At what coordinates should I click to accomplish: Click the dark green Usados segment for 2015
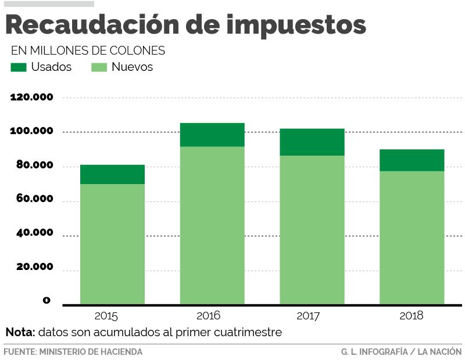112,174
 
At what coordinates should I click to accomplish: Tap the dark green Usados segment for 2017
312,142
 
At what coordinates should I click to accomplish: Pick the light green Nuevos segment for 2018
412,237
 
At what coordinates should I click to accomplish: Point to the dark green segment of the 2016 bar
212,135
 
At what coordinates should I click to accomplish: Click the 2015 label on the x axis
106,316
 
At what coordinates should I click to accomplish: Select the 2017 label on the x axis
308,316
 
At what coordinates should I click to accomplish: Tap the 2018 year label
412,316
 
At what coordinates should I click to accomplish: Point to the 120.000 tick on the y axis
32,97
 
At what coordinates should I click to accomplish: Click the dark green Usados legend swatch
19,67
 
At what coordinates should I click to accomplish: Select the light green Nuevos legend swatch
99,67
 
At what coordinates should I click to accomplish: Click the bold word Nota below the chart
20,333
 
